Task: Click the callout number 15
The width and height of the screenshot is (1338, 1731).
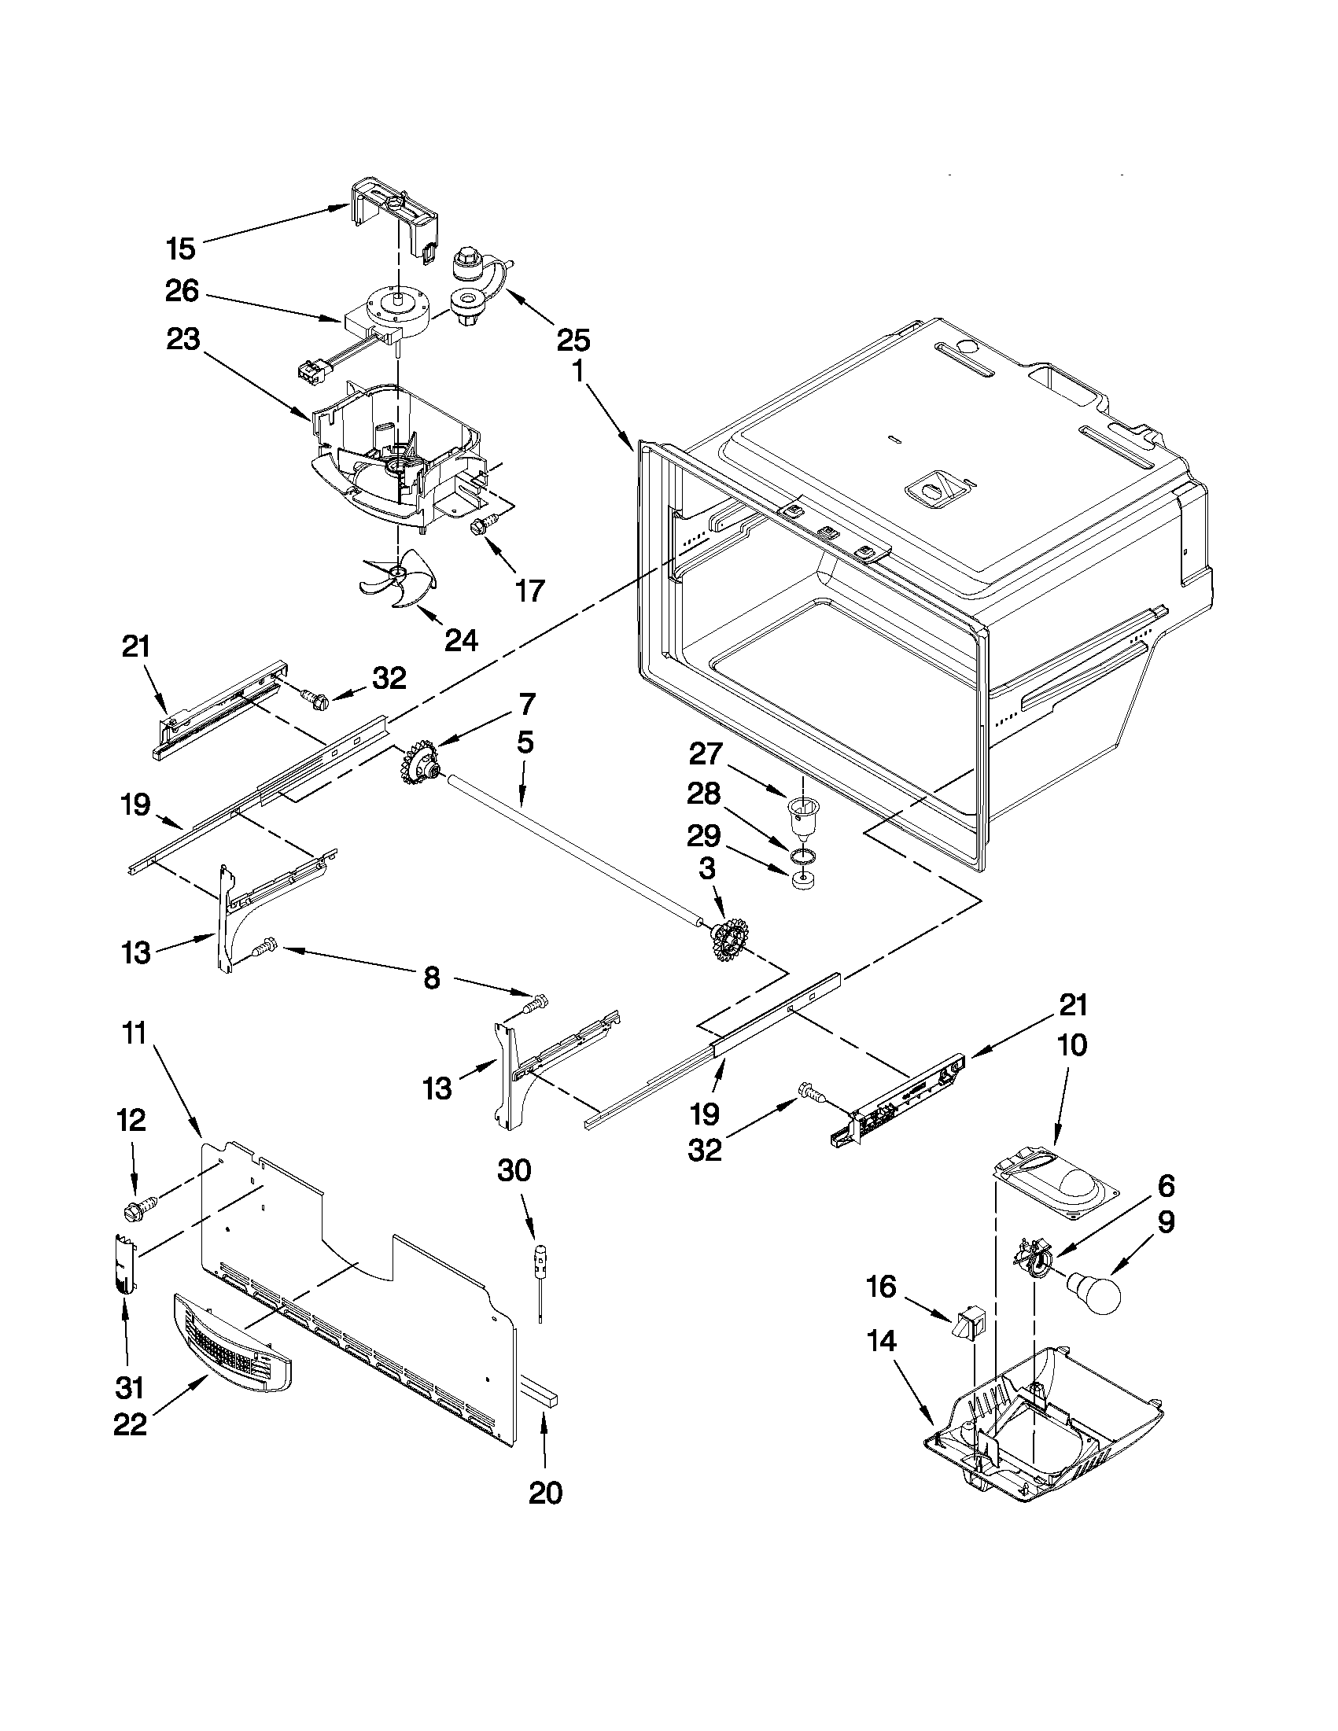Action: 181,249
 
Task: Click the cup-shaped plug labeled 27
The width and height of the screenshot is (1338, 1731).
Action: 803,816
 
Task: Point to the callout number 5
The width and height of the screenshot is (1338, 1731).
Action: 525,742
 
